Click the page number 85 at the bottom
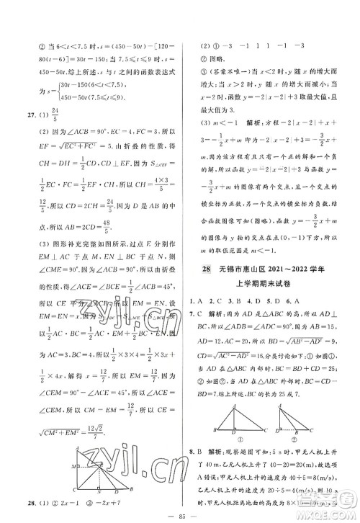(179, 514)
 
